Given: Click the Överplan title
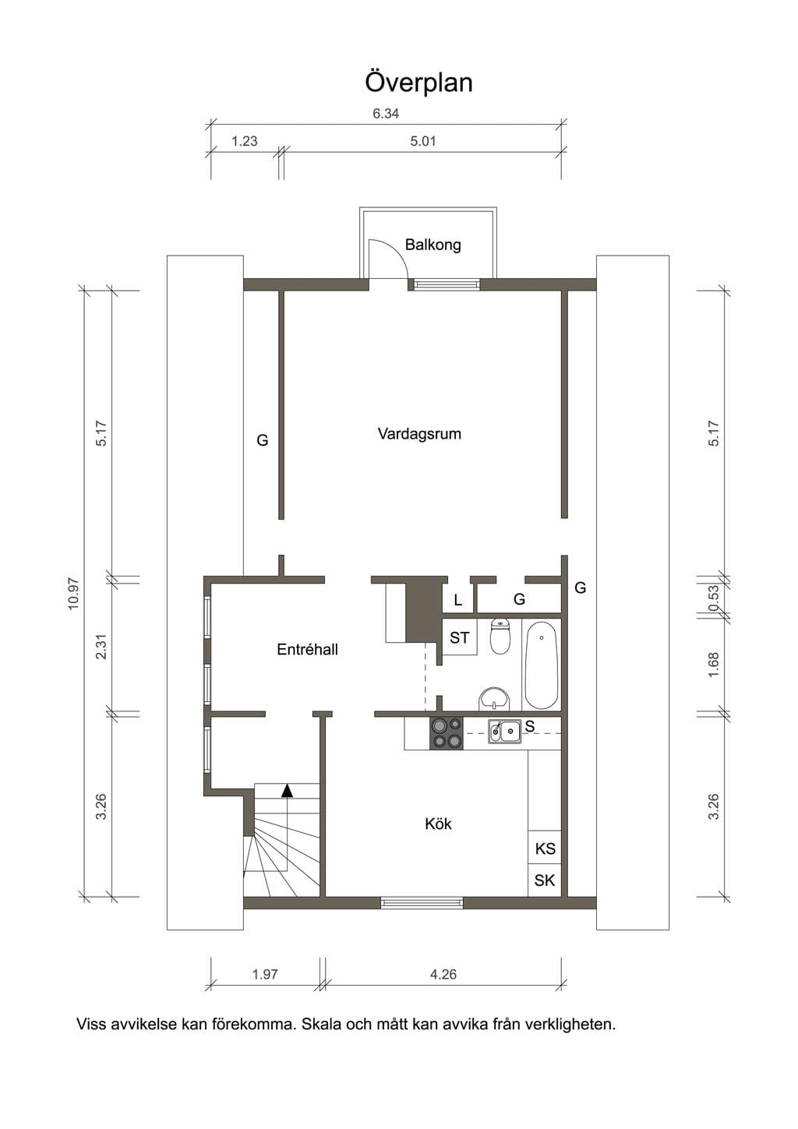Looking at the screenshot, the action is pyautogui.click(x=418, y=83).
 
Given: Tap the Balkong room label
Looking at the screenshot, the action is pyautogui.click(x=433, y=245).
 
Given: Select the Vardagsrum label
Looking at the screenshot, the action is pyautogui.click(x=419, y=434).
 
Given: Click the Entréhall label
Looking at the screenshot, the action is pyautogui.click(x=308, y=649).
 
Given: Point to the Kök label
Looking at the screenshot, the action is pyautogui.click(x=438, y=824).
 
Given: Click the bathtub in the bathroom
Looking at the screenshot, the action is pyautogui.click(x=542, y=665).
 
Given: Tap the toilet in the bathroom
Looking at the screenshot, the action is pyautogui.click(x=500, y=636).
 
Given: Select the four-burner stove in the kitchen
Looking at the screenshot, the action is pyautogui.click(x=446, y=733).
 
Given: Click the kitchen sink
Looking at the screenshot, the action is pyautogui.click(x=505, y=732).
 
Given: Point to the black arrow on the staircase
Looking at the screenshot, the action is pyautogui.click(x=287, y=791).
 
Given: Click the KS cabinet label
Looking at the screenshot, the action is pyautogui.click(x=545, y=849).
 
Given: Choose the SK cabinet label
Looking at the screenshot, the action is pyautogui.click(x=545, y=880).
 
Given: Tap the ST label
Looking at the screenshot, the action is pyautogui.click(x=459, y=637).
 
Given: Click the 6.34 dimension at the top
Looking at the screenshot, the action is pyautogui.click(x=386, y=114).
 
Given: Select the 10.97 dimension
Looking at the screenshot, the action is pyautogui.click(x=73, y=594).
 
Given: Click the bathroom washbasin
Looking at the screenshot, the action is pyautogui.click(x=495, y=697).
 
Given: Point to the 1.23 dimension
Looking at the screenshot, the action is pyautogui.click(x=245, y=141).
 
